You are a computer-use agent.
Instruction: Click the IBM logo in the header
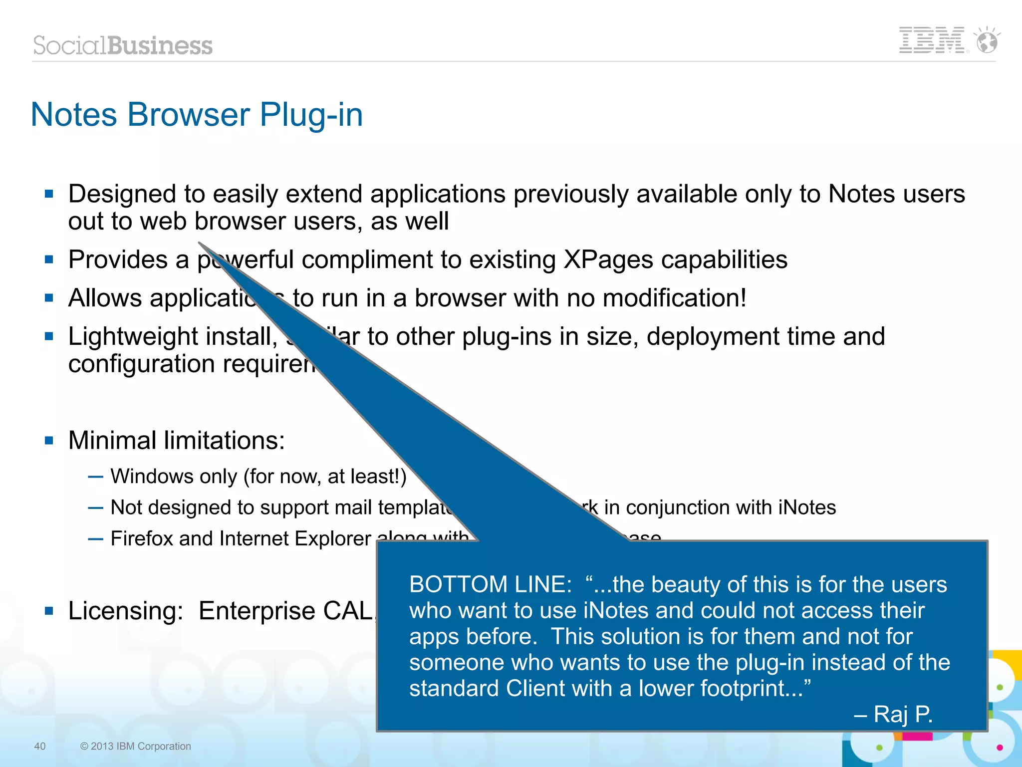(x=931, y=40)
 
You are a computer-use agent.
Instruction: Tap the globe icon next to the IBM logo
(x=987, y=41)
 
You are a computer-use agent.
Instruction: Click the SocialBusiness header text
(x=123, y=45)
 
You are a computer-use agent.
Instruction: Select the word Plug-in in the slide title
(x=311, y=115)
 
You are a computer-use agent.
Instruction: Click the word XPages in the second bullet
(x=608, y=259)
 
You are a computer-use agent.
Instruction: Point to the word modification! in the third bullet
(x=674, y=298)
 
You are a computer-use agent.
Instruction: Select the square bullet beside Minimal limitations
(x=49, y=441)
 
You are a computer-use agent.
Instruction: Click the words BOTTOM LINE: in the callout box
(x=490, y=584)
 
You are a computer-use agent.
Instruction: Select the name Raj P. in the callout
(x=902, y=714)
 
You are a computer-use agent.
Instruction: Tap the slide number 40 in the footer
(x=39, y=746)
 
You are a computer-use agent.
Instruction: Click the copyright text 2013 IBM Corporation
(x=140, y=746)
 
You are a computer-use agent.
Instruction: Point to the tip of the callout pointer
(x=200, y=243)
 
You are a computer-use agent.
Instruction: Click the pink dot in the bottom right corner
(x=1000, y=747)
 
